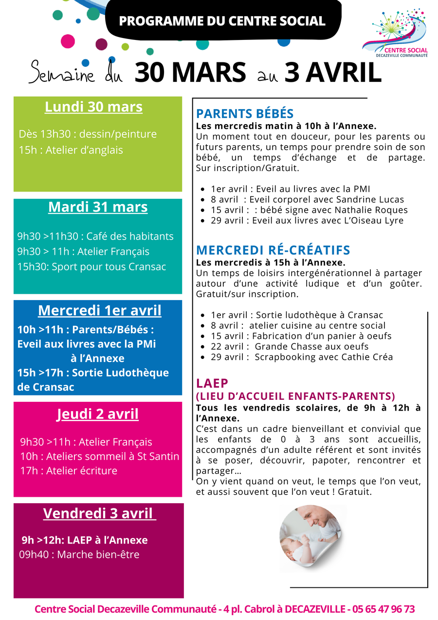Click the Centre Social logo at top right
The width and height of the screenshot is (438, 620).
click(x=395, y=34)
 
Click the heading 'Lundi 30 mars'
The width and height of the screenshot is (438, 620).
click(x=93, y=107)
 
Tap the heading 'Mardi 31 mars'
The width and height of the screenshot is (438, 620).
click(x=98, y=207)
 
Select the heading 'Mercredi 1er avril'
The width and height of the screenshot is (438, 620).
click(x=99, y=310)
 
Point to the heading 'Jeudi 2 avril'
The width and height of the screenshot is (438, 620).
click(x=98, y=414)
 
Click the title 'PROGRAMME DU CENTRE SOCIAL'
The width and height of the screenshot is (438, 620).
click(x=222, y=21)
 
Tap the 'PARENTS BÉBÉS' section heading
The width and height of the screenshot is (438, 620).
click(x=244, y=114)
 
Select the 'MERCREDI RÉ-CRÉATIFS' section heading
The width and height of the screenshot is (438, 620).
click(x=273, y=250)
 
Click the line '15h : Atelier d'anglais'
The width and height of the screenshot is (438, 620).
click(x=71, y=150)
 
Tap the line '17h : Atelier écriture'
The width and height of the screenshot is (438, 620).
click(x=69, y=470)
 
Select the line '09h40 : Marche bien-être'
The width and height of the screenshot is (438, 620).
click(x=79, y=554)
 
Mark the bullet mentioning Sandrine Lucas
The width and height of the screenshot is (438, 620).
click(x=308, y=199)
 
